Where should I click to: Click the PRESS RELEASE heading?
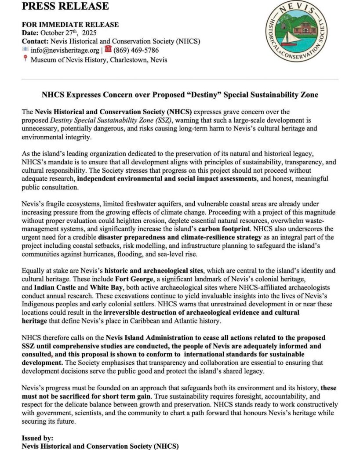pos(65,6)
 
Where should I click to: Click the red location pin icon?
pos(25,59)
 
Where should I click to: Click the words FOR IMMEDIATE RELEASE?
pos(70,25)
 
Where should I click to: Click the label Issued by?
pos(38,438)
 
